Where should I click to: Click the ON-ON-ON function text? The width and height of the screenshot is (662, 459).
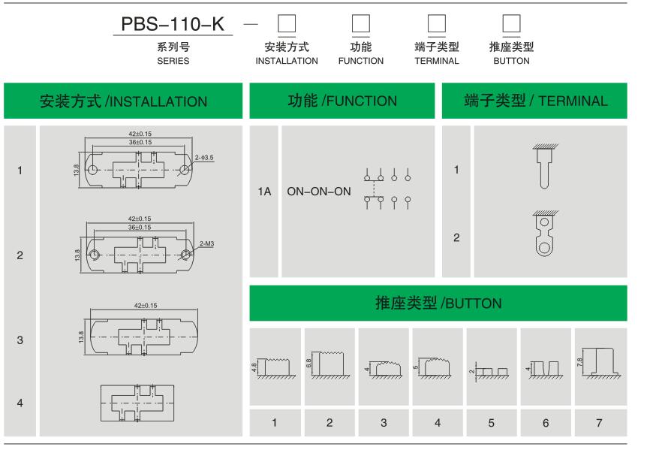318,191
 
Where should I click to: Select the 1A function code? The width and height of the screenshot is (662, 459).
263,191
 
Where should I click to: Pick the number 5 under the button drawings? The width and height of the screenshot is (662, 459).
492,422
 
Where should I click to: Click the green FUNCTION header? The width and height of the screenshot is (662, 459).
342,101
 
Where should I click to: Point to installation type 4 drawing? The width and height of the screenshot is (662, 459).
142,401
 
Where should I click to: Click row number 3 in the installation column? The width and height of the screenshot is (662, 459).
20,340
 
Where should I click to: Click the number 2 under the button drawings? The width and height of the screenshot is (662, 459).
329,422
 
